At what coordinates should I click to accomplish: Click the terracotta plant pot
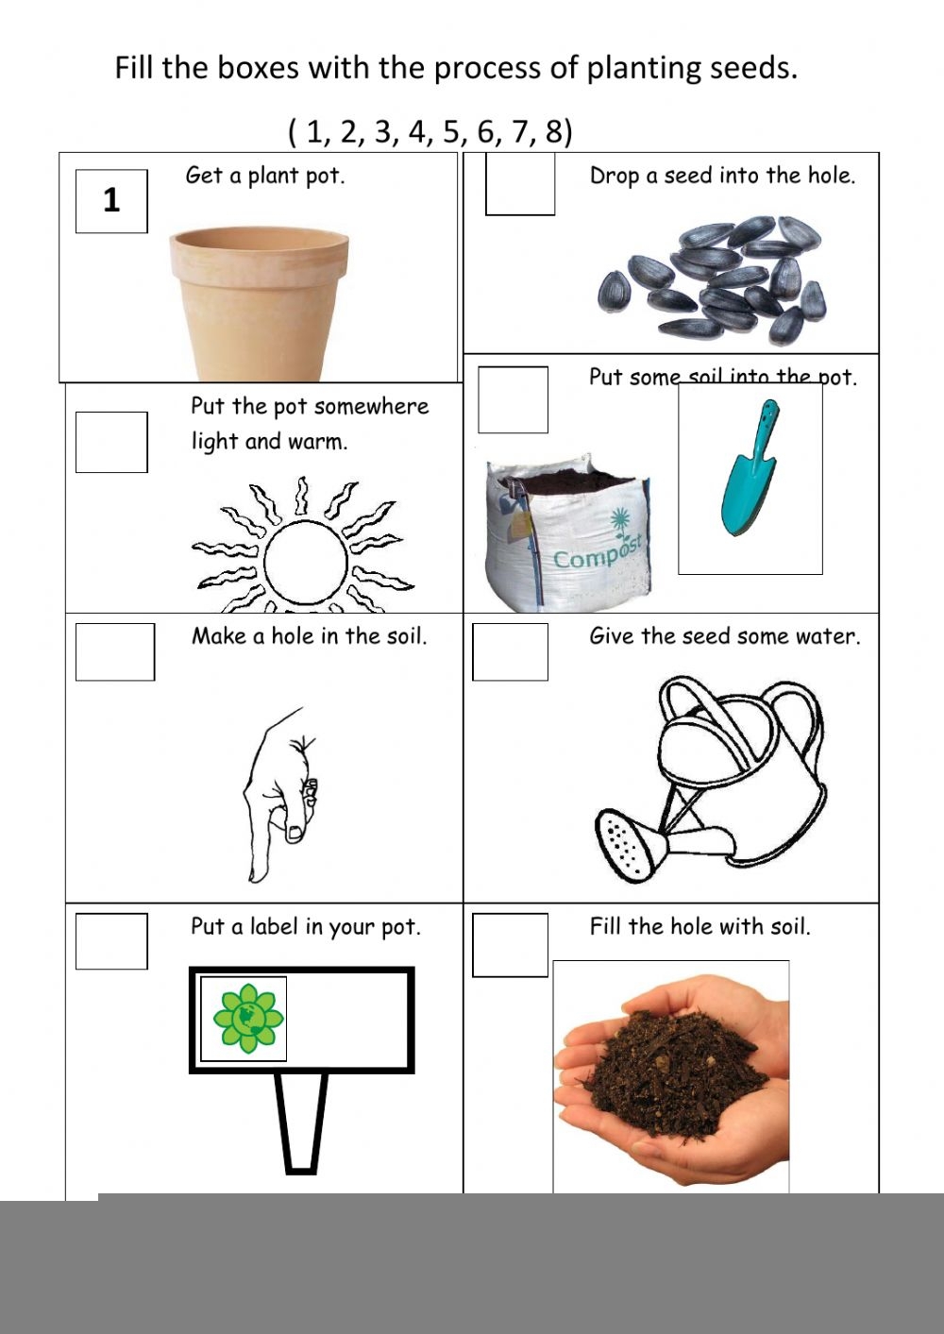[259, 304]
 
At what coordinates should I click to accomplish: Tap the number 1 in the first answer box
[111, 200]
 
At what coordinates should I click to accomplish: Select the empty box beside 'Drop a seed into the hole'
[520, 184]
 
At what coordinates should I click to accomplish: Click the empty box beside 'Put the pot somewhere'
[111, 442]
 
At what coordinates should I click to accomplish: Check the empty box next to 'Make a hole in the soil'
[115, 651]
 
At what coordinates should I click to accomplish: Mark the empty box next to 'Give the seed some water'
[510, 651]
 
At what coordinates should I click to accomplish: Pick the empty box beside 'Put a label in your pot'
[111, 941]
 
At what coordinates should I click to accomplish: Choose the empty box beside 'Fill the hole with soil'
[510, 944]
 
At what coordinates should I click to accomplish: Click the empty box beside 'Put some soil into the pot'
[513, 399]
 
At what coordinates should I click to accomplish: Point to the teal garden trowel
[750, 468]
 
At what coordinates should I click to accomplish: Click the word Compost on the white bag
[598, 551]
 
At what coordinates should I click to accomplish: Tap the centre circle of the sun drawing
[306, 564]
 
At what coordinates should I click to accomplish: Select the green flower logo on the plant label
[247, 1018]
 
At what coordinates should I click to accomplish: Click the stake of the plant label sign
[301, 1123]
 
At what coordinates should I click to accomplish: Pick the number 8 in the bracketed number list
[553, 131]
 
